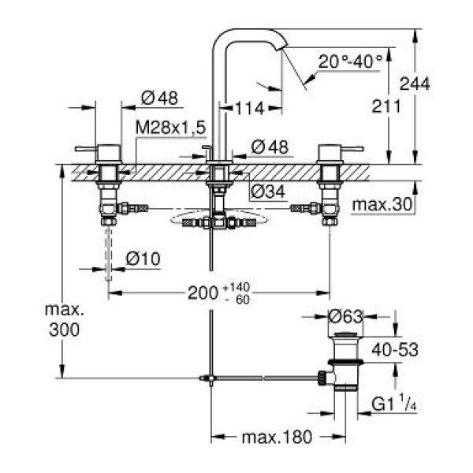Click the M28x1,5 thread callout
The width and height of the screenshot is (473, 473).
coord(169,126)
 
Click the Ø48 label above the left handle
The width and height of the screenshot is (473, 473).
coord(160,99)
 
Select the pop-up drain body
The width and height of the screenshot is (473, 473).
coord(345,367)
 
